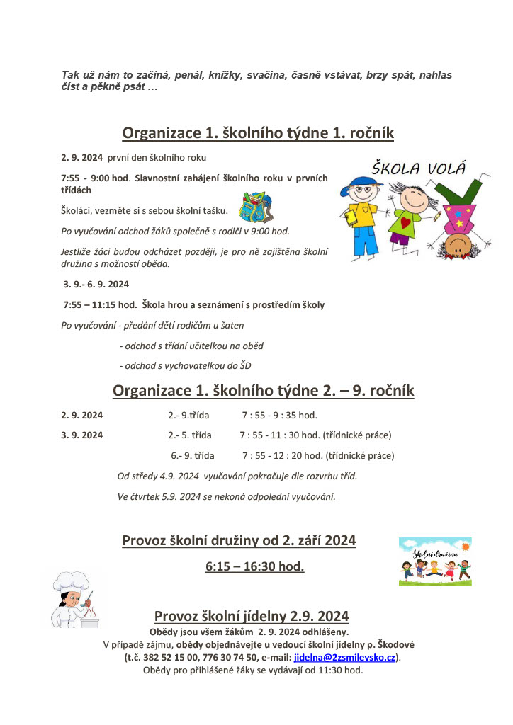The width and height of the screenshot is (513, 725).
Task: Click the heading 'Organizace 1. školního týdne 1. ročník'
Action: point(258,133)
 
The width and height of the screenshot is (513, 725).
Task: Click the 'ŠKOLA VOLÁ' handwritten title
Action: point(419,169)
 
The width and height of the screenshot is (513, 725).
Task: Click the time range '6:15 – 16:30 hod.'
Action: point(254,566)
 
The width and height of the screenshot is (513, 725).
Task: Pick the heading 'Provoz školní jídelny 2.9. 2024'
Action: point(252,616)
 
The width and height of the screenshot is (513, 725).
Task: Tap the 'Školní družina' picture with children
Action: point(434,561)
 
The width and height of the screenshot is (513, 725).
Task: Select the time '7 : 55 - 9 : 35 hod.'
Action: point(279,415)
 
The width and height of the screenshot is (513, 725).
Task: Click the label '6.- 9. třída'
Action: point(193,456)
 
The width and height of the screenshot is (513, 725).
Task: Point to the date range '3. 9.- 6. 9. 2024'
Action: point(96,285)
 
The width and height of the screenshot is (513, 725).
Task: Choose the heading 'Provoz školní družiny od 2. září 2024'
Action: point(239,541)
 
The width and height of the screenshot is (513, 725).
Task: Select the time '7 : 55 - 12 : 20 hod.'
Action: point(281,456)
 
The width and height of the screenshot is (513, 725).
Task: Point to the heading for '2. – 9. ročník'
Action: point(264,391)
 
